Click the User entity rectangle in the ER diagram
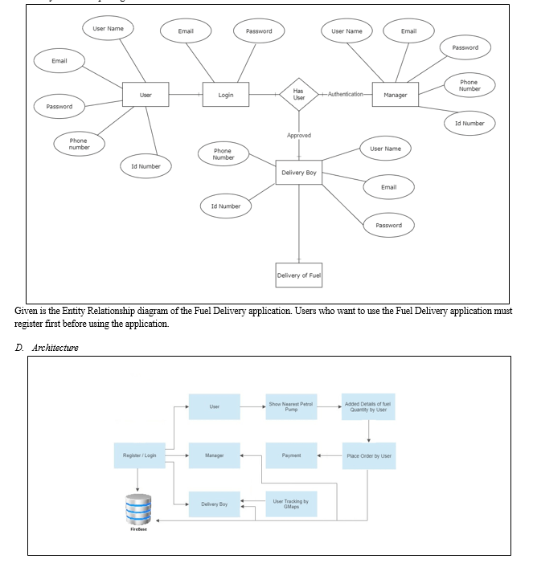coord(146,95)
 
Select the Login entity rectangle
coord(226,95)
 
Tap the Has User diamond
coord(299,95)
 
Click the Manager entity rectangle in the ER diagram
coord(396,95)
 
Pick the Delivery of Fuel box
coord(299,275)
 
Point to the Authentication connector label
coord(346,95)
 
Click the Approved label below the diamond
coord(299,136)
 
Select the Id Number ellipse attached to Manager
coord(469,123)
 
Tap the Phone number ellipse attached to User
coord(80,144)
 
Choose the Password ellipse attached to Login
coord(259,31)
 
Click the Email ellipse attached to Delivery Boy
coord(389,187)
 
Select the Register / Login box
coord(139,455)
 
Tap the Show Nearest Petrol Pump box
coord(291,407)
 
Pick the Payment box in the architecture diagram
coord(291,455)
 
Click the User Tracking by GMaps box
coord(291,504)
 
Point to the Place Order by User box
coord(368,455)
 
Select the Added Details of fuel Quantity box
coord(368,407)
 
